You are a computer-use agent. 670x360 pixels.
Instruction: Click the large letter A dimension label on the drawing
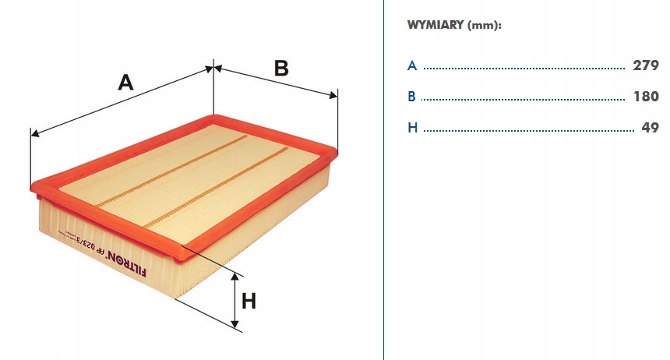click(125, 82)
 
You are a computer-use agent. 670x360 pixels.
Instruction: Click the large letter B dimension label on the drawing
click(280, 69)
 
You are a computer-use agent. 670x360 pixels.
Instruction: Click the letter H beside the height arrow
click(249, 301)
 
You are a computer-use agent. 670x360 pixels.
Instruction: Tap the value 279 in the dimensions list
click(646, 66)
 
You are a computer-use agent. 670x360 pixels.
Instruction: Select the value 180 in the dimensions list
click(646, 97)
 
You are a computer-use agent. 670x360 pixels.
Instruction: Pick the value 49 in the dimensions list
click(651, 127)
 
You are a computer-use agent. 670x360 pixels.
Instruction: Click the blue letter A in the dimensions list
click(412, 66)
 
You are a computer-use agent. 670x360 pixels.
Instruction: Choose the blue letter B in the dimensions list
click(412, 97)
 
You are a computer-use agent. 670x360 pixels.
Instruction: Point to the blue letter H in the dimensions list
click(413, 127)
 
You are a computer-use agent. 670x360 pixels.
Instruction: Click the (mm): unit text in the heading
click(485, 25)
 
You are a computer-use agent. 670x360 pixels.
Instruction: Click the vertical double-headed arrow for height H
click(235, 301)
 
